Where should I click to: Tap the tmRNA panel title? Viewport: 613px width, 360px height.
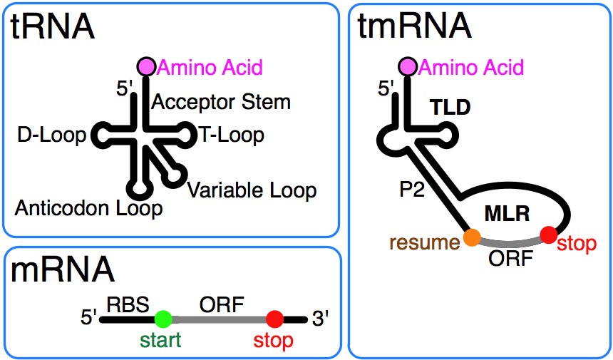414,26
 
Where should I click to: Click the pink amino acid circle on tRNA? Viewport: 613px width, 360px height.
146,66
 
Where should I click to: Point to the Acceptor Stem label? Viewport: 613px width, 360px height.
221,102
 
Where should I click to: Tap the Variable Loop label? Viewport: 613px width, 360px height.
252,190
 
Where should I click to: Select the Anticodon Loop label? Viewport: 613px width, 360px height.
88,209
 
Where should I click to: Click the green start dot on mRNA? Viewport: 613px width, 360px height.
163,319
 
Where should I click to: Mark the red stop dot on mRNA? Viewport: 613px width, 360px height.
274,319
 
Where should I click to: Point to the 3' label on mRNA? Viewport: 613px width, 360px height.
321,319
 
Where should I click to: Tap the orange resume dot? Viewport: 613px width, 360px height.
470,237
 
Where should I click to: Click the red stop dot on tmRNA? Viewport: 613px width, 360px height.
548,234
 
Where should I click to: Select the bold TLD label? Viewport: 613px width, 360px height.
450,108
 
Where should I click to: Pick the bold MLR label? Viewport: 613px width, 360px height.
507,212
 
